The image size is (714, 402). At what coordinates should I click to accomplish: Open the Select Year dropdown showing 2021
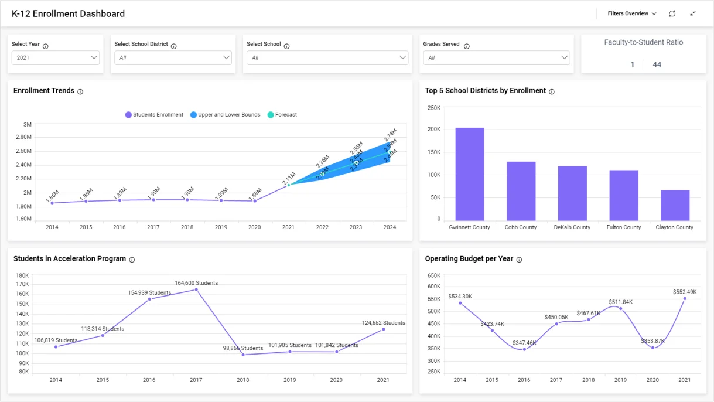point(56,57)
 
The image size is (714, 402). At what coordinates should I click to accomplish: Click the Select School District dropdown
point(173,57)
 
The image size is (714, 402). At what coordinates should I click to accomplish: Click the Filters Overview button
point(631,13)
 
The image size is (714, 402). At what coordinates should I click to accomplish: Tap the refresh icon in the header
point(672,13)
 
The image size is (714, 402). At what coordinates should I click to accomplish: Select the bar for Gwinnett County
point(470,173)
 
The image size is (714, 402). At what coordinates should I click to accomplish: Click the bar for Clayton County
point(675,205)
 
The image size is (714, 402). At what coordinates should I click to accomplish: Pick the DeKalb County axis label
point(572,227)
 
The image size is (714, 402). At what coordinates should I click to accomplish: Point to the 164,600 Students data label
point(196,283)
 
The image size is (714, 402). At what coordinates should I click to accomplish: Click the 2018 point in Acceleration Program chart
point(243,355)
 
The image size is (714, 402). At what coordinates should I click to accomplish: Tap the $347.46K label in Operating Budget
point(524,343)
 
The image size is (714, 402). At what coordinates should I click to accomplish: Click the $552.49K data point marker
point(685,298)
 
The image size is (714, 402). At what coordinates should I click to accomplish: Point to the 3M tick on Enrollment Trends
point(28,125)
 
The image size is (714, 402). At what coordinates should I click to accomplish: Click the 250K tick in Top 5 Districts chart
point(434,108)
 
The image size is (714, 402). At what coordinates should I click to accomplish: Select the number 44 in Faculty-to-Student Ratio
point(657,64)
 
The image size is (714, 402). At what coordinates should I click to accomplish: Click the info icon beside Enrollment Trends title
point(80,91)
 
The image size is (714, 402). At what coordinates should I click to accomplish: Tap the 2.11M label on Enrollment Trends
point(289,178)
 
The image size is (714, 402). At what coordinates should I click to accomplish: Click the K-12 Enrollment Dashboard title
point(68,13)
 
